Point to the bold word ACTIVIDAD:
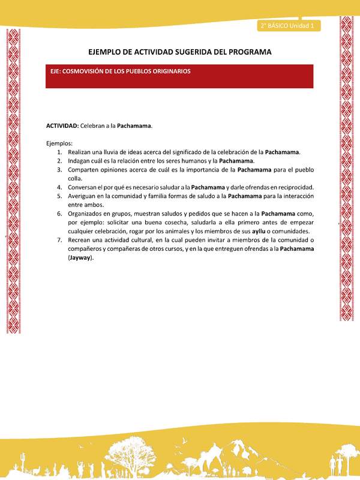[x=62, y=126]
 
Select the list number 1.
[x=59, y=152]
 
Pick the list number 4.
[x=59, y=187]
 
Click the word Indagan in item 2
[x=80, y=161]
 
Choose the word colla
[x=76, y=178]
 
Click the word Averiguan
[x=85, y=196]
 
